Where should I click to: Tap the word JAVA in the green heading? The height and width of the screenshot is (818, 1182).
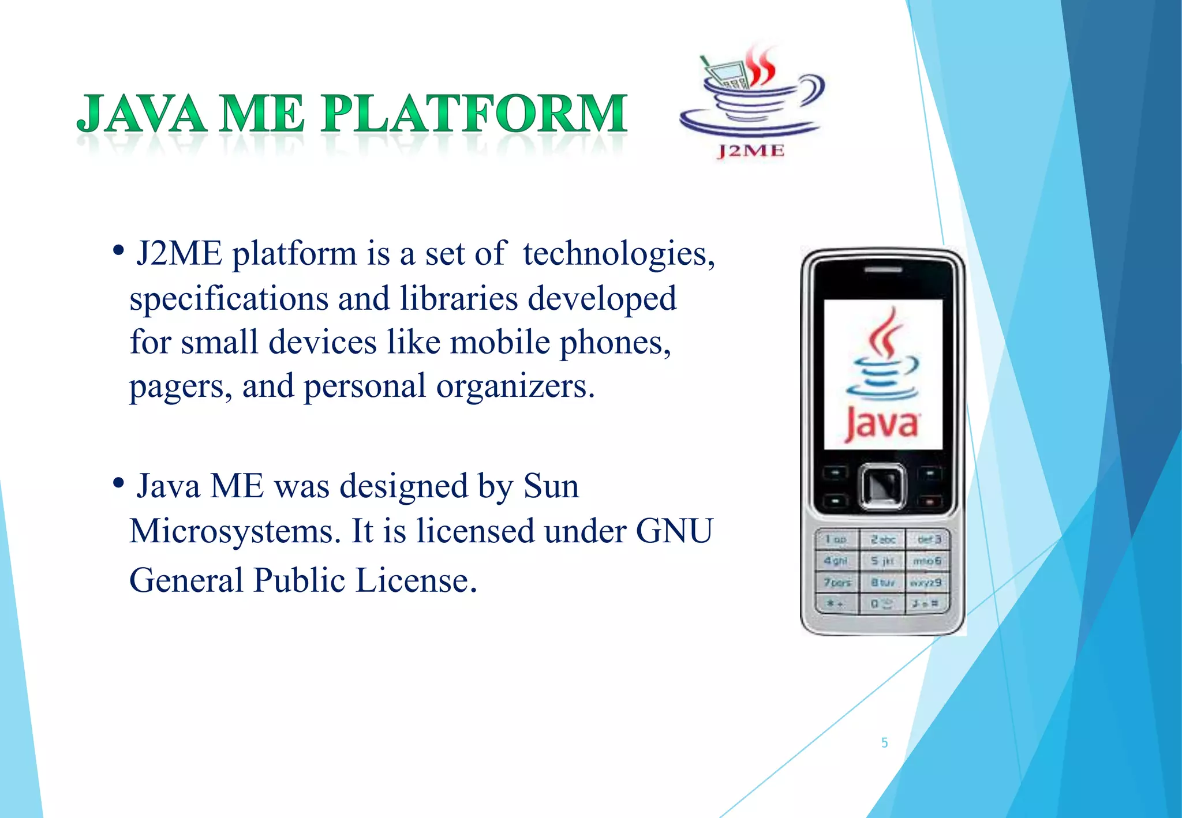[x=141, y=114]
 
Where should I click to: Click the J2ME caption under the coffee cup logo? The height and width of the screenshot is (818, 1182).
[x=751, y=151]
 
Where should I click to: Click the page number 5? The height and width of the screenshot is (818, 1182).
[x=884, y=743]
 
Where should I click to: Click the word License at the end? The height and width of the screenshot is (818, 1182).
[x=416, y=580]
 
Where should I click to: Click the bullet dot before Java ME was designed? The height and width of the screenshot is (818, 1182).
[x=118, y=483]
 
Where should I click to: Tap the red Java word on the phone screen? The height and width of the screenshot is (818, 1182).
[x=881, y=425]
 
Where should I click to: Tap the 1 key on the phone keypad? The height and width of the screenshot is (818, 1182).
[x=835, y=539]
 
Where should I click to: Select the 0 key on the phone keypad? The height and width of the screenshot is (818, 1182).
[x=881, y=604]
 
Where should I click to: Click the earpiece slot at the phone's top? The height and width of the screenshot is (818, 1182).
[x=882, y=269]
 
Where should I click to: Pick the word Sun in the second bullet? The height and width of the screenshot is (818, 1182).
[x=551, y=486]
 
